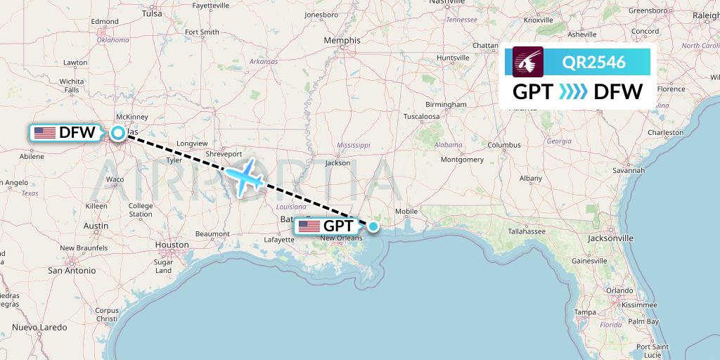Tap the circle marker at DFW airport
[118, 132]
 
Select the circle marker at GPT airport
[374, 226]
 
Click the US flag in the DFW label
[45, 132]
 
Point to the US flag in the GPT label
[309, 226]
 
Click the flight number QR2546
[594, 62]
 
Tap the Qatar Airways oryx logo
[528, 62]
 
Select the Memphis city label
[342, 41]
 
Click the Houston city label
[172, 245]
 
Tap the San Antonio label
[71, 270]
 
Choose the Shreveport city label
[224, 154]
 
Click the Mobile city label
[406, 211]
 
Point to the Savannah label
[629, 170]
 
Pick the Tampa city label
[584, 311]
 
